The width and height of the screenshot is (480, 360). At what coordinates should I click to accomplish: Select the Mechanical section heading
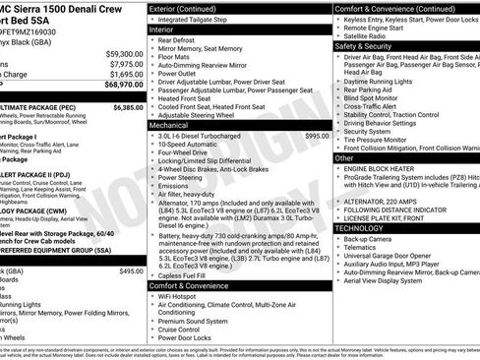[x=169, y=125]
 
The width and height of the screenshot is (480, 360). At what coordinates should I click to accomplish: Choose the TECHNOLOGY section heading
[x=361, y=227]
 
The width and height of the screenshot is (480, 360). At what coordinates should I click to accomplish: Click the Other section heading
[x=344, y=157]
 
